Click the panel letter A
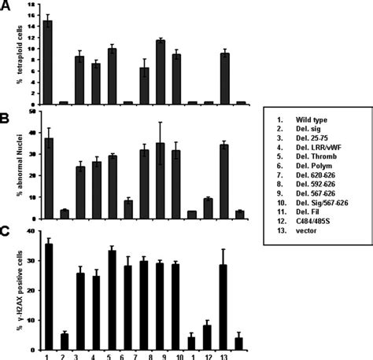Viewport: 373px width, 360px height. tap(6, 6)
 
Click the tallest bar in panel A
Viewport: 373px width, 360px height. tap(48, 62)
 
